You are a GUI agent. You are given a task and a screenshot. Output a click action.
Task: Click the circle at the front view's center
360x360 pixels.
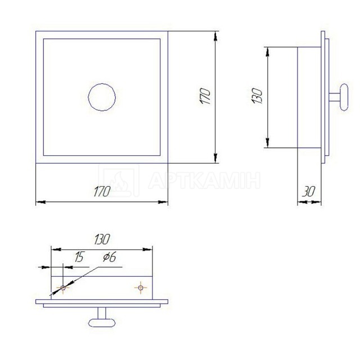pyautogui.click(x=102, y=84)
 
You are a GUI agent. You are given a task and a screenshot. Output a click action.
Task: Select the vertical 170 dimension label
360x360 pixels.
pyautogui.click(x=205, y=96)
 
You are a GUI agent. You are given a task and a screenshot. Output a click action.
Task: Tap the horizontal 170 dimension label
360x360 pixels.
pyautogui.click(x=102, y=191)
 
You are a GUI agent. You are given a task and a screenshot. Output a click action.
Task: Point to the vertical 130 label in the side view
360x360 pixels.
pyautogui.click(x=258, y=96)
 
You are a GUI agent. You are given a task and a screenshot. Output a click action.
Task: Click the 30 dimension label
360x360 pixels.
pyautogui.click(x=309, y=191)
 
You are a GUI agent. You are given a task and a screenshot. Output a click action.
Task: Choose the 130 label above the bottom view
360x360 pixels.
pyautogui.click(x=102, y=239)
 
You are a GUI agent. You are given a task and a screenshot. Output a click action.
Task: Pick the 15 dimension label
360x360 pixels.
pyautogui.click(x=79, y=256)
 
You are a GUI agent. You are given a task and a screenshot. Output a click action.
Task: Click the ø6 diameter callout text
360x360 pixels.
pyautogui.click(x=110, y=256)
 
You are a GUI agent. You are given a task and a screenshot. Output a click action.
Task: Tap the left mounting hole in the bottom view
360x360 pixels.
pyautogui.click(x=62, y=287)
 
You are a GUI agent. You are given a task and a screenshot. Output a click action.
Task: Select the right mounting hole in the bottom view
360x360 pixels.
pyautogui.click(x=141, y=287)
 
